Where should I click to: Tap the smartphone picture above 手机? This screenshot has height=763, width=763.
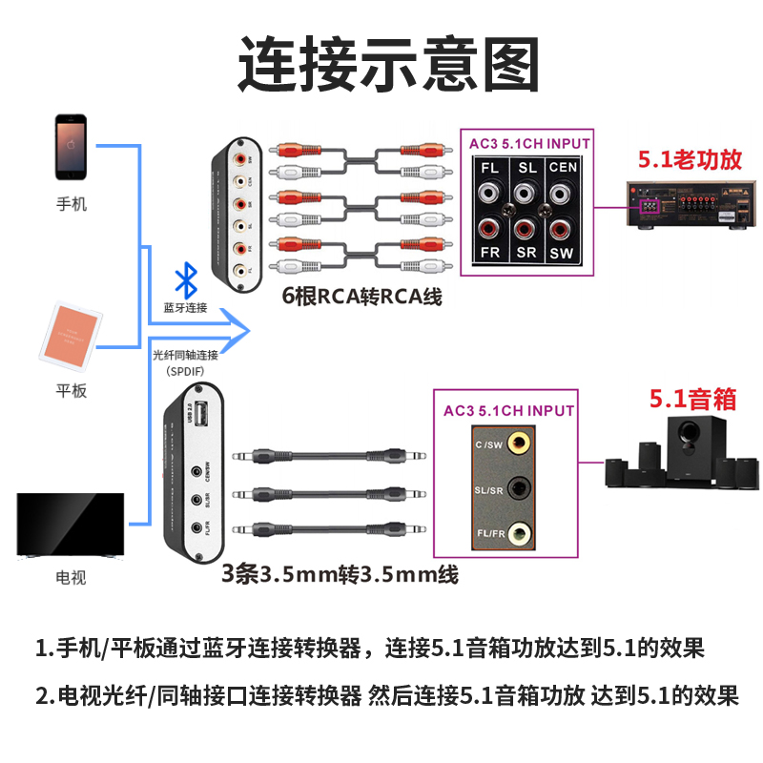71,148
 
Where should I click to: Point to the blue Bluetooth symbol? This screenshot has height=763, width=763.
185,281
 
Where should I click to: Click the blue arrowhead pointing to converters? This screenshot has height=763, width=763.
238,330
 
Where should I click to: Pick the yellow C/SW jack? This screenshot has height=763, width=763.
521,442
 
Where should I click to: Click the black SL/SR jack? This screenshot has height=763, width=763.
521,488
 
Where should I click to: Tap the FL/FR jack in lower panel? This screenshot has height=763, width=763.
521,533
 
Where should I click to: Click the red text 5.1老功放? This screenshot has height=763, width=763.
690,160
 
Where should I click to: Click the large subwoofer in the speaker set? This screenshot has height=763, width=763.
687,453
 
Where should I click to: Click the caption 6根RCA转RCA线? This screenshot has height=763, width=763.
362,296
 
